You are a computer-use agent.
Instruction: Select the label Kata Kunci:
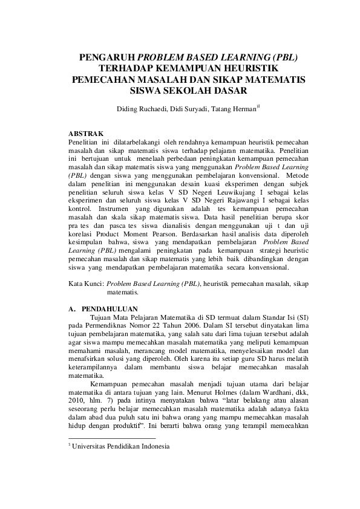pyautogui.click(x=85, y=282)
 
